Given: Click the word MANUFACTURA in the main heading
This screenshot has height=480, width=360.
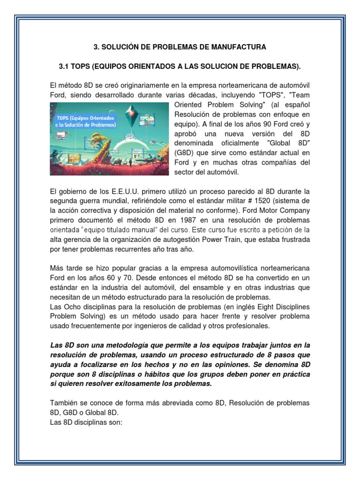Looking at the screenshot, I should pos(240,47).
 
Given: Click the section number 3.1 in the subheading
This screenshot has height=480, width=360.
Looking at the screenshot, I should pos(64,67).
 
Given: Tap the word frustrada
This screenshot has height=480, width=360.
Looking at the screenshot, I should pos(292,240).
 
